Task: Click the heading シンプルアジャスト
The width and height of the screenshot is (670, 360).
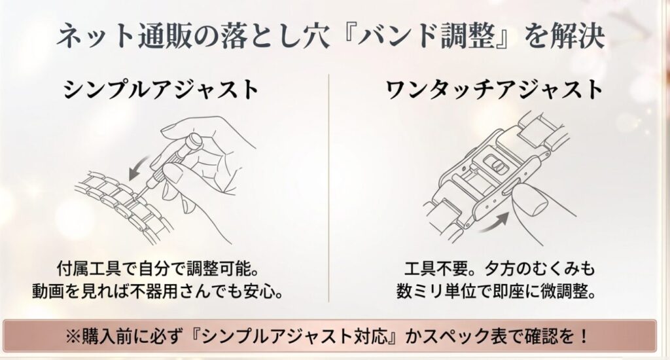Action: pyautogui.click(x=161, y=89)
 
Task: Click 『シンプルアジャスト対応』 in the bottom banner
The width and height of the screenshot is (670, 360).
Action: pyautogui.click(x=299, y=338)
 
